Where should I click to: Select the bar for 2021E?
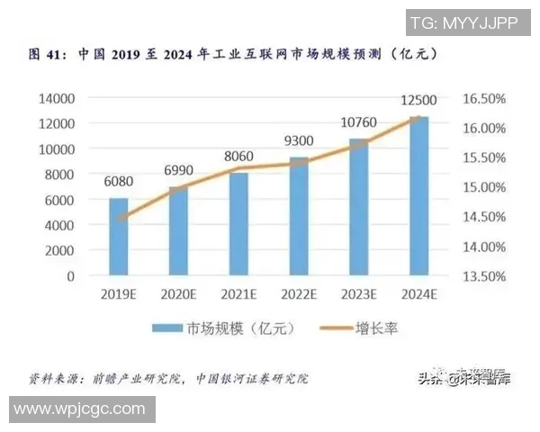[238, 224]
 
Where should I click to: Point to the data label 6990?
[178, 171]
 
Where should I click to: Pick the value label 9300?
[299, 141]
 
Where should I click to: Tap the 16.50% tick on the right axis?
[488, 97]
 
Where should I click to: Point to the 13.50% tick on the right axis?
[488, 276]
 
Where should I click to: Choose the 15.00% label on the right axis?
[488, 187]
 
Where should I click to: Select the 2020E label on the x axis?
[178, 294]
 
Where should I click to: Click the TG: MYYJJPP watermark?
[463, 22]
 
